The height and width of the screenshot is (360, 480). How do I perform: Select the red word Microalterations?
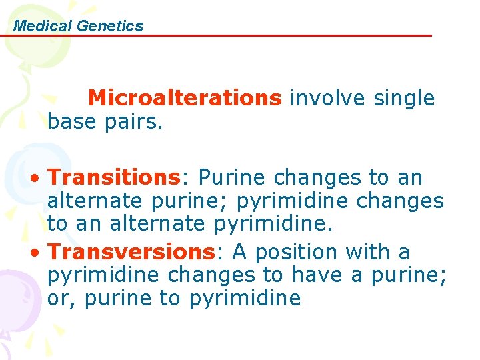185,99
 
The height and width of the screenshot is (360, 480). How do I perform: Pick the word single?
404,99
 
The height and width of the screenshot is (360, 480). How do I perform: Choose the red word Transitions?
114,178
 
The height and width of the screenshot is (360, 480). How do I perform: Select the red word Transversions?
129,253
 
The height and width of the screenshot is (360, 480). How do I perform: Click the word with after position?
369,253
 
